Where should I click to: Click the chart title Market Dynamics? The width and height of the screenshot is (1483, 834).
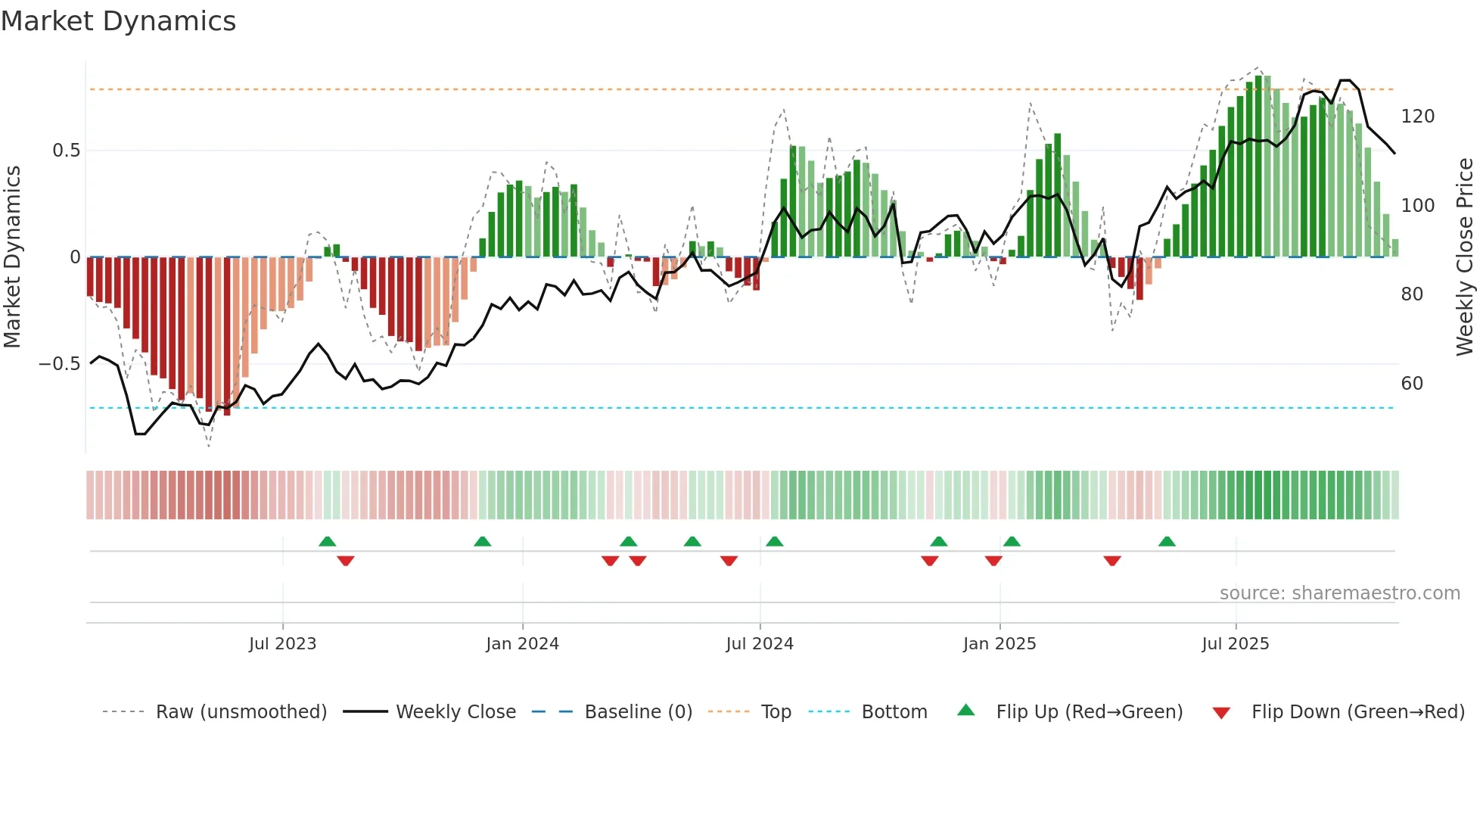coord(118,21)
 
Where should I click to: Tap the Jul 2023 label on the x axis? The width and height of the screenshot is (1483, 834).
coord(282,644)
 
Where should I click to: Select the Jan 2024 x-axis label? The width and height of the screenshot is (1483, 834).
coord(522,644)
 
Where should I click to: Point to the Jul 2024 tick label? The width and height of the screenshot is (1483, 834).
coord(760,644)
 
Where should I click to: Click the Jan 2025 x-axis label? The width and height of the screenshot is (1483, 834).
coord(1000,644)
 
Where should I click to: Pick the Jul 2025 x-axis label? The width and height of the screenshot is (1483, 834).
coord(1236,644)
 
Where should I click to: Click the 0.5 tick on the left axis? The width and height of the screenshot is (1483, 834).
coord(66,151)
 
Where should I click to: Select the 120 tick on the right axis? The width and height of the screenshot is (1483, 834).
coord(1417,117)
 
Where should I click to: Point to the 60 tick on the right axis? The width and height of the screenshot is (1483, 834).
coord(1412,384)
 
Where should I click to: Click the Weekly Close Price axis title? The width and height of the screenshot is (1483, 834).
coord(1465,257)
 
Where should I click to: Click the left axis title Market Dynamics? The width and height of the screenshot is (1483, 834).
coord(12,257)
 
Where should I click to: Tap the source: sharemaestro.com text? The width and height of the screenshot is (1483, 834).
coord(1339,593)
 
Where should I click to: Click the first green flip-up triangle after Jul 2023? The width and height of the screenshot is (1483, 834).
coord(327,541)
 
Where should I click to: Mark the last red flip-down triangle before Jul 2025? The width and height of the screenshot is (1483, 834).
coord(1111,561)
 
